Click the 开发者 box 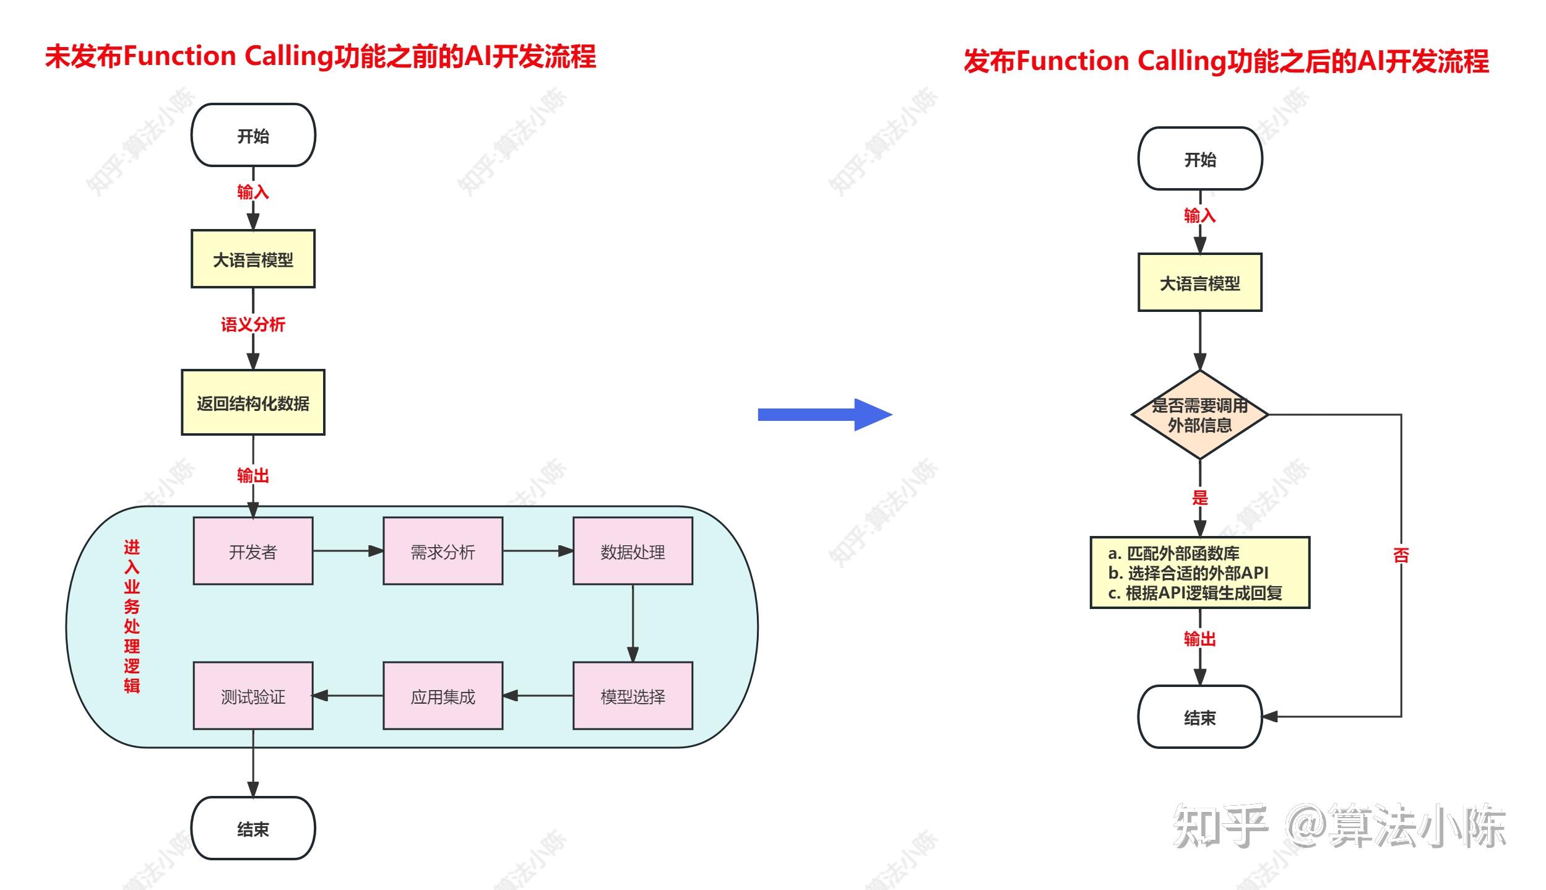(253, 551)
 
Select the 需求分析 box (443, 551)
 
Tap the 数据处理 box (633, 551)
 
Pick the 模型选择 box (633, 696)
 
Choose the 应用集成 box (443, 696)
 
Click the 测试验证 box (253, 696)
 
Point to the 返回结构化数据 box (253, 402)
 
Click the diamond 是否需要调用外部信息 (1200, 415)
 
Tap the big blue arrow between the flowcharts (825, 415)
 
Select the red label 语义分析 (253, 324)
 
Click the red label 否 (1401, 555)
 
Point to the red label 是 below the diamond (1200, 498)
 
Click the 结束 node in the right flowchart (1200, 717)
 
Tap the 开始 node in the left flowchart (253, 135)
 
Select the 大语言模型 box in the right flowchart (1200, 282)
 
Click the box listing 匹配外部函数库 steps (1200, 572)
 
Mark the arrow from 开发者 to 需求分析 (348, 551)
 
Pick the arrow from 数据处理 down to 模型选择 (633, 623)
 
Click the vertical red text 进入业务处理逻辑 (132, 616)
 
